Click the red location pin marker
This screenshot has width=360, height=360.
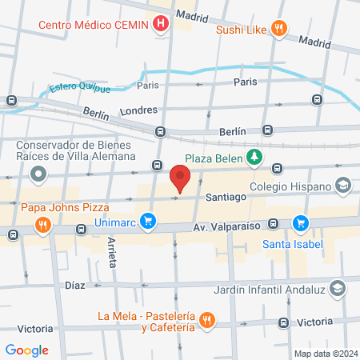[180, 178]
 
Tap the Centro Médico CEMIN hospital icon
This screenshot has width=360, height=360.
[162, 24]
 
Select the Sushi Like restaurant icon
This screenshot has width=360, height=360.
[278, 30]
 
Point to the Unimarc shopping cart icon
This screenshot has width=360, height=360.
[147, 220]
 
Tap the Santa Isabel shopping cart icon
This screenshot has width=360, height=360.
[300, 222]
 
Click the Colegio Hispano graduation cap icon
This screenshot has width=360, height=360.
[343, 186]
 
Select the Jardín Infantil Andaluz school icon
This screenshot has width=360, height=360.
[338, 286]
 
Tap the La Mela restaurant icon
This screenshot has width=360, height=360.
[206, 319]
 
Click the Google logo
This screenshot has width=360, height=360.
[27, 350]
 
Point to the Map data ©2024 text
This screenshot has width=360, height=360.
[325, 354]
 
